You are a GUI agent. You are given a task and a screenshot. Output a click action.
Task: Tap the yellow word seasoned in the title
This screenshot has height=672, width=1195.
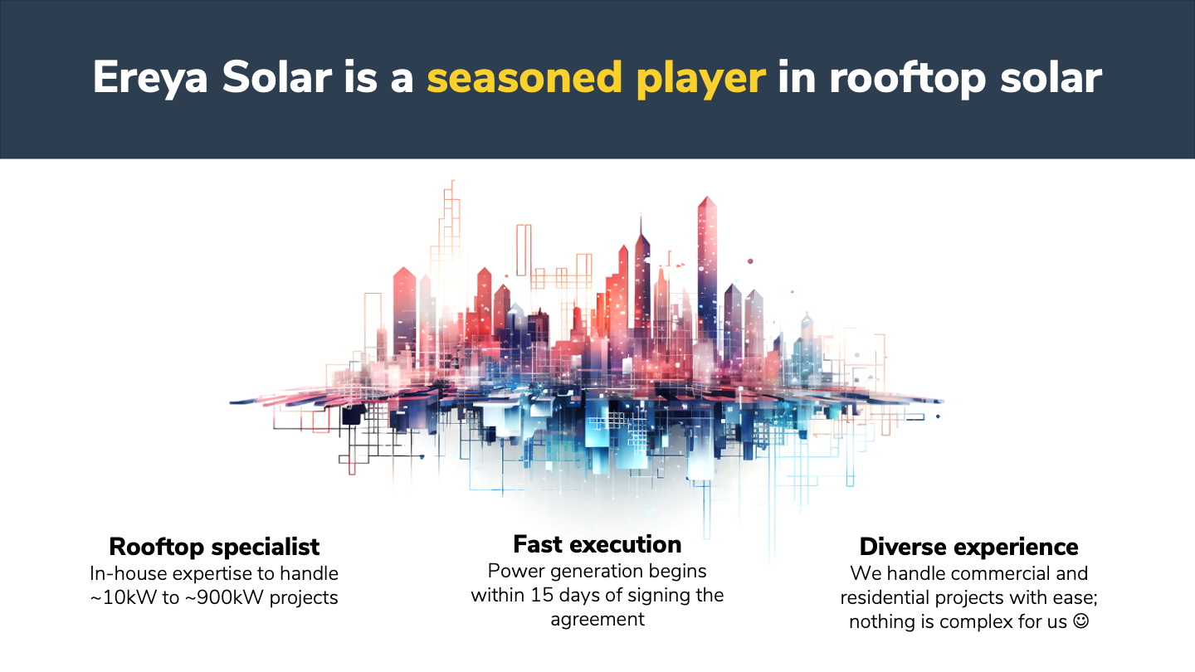point(524,77)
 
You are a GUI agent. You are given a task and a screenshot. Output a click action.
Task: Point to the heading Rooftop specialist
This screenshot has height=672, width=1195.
point(214,548)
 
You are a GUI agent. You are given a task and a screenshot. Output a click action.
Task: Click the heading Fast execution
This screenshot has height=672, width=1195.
point(597,544)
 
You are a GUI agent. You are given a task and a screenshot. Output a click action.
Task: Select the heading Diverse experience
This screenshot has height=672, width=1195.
point(968,547)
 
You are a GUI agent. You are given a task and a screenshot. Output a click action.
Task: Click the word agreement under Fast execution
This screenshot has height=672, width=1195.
point(597,620)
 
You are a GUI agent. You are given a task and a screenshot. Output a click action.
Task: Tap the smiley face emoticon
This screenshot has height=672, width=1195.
point(1080,621)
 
